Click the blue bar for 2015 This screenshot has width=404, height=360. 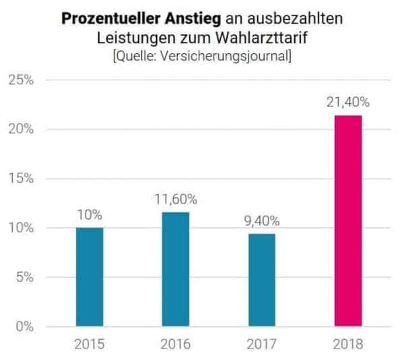90,277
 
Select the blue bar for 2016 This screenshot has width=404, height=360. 176,269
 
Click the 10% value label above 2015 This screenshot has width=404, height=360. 90,216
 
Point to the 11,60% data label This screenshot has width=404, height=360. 176,200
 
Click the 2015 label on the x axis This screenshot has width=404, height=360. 90,344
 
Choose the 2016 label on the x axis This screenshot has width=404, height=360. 176,344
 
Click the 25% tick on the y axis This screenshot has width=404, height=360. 22,80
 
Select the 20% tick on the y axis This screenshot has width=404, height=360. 22,129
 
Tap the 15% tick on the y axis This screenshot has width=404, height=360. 22,179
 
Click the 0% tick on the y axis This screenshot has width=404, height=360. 24,327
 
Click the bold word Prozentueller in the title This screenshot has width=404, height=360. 108,19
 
